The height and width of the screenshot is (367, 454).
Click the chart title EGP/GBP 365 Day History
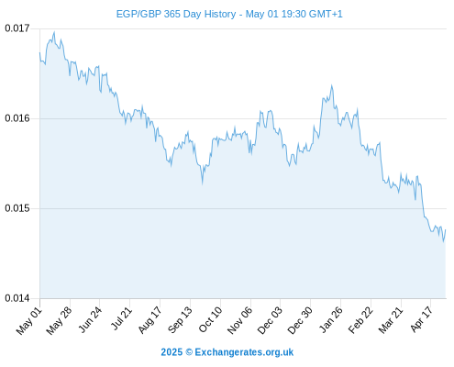(x=176, y=14)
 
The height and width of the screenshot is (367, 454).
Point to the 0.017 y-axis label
(x=17, y=28)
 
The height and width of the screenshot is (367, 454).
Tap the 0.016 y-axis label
(x=17, y=118)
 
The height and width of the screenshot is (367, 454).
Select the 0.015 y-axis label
(x=17, y=208)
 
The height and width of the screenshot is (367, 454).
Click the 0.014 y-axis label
(x=17, y=298)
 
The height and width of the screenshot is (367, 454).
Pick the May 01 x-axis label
(x=29, y=321)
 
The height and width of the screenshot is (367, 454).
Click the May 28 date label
(x=59, y=321)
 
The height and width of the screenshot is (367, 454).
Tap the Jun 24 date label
(x=89, y=320)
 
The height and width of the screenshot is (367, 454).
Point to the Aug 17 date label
(x=149, y=320)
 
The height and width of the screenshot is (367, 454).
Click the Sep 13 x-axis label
(x=180, y=320)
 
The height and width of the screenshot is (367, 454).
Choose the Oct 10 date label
(x=210, y=320)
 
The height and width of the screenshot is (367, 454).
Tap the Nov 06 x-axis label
(x=239, y=320)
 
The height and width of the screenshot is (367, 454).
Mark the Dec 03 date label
(x=270, y=320)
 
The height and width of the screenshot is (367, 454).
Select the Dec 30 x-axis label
(x=300, y=320)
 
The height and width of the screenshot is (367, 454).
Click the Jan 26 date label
(x=330, y=320)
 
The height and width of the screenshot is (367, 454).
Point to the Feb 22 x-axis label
(x=360, y=320)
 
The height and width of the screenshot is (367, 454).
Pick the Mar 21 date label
(x=391, y=320)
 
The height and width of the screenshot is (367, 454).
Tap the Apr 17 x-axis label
(x=421, y=319)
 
